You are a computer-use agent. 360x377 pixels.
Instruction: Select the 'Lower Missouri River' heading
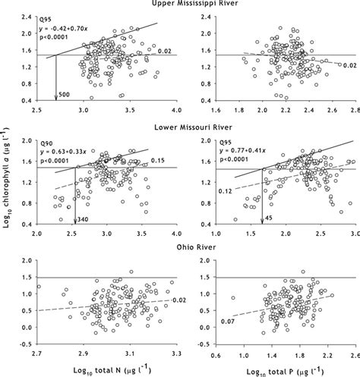click(180, 128)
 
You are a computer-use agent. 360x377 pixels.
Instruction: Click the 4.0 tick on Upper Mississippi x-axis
click(175, 110)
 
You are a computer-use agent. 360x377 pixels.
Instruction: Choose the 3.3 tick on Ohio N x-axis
click(175, 353)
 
